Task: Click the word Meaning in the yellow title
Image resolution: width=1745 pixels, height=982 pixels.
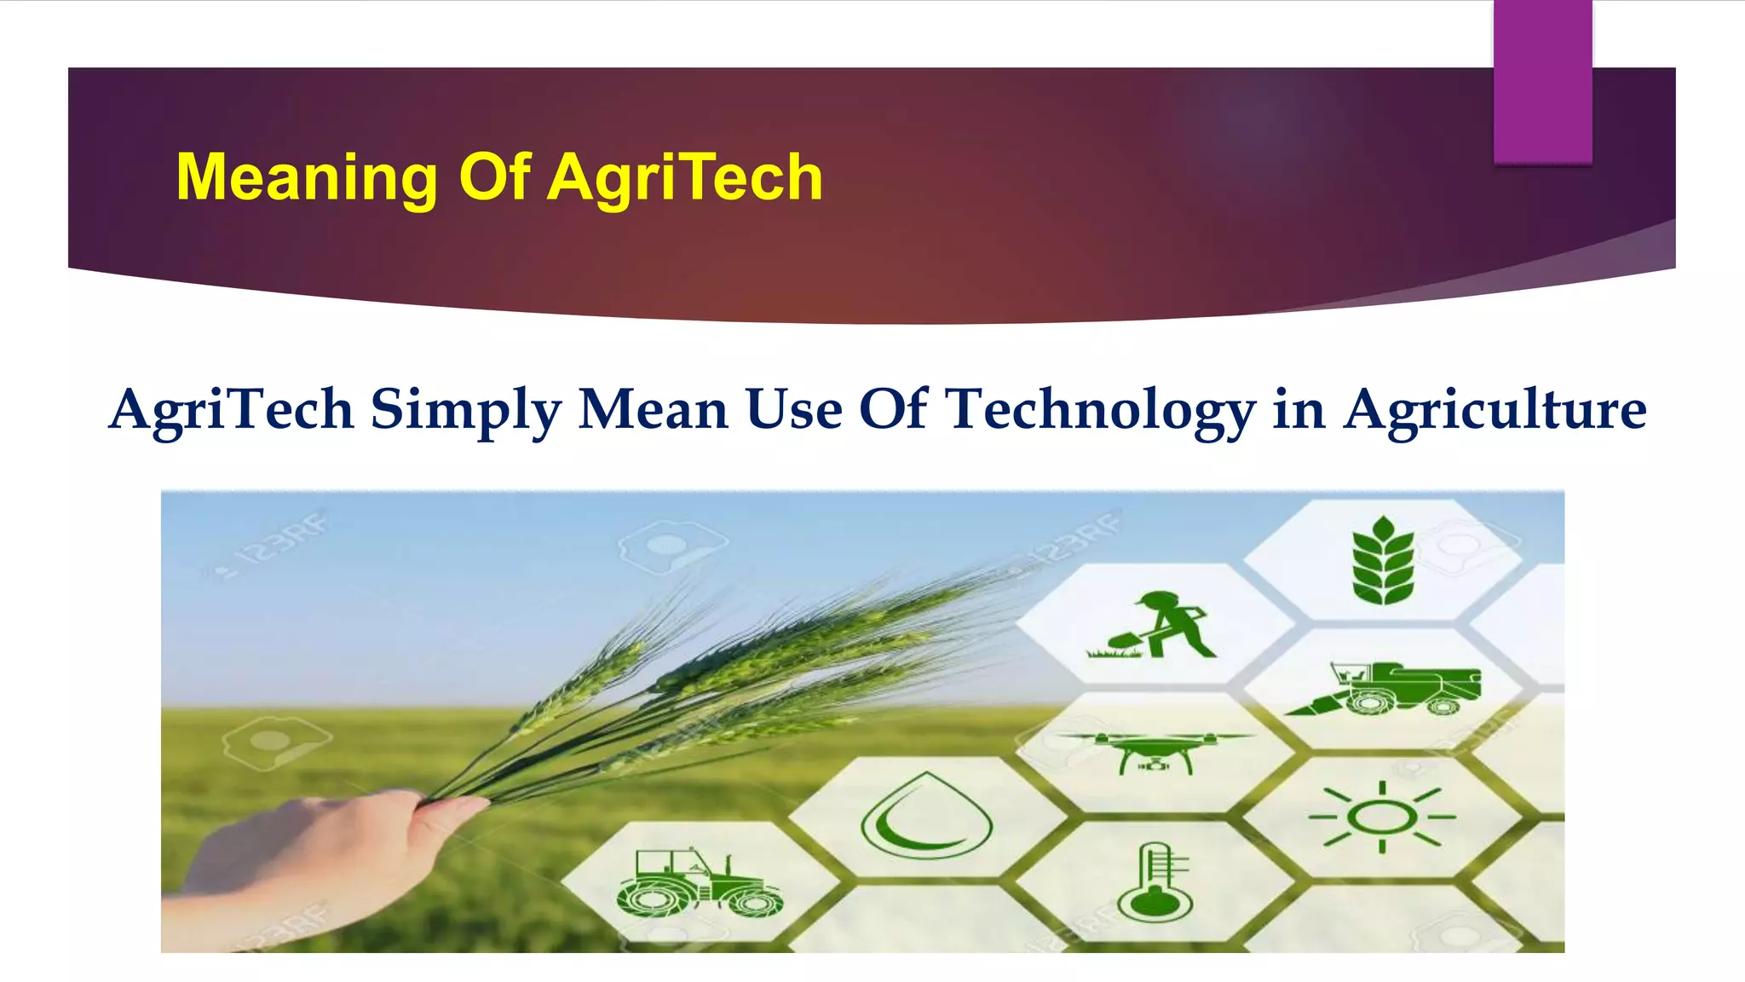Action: click(306, 177)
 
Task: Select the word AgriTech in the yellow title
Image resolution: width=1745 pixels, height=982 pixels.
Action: click(685, 177)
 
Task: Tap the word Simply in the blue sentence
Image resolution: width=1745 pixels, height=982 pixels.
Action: click(465, 409)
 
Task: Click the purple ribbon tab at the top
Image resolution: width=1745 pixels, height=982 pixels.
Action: click(1542, 81)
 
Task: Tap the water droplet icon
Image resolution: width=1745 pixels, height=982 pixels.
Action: click(926, 816)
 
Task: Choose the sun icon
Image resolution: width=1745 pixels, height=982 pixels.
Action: click(1382, 817)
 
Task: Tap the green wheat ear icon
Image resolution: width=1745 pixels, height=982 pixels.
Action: click(1382, 561)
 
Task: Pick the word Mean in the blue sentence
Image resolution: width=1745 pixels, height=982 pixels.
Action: click(653, 409)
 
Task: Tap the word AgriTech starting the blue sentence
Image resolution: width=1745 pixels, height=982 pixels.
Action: click(231, 409)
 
